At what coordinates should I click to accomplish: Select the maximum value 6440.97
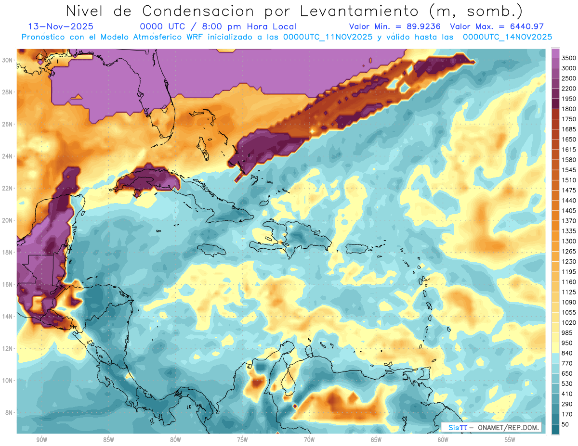click(x=525, y=26)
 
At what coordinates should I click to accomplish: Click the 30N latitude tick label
click(x=7, y=60)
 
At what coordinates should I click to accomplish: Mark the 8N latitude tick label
click(x=9, y=412)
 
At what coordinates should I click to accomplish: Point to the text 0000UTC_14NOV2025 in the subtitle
click(x=507, y=37)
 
